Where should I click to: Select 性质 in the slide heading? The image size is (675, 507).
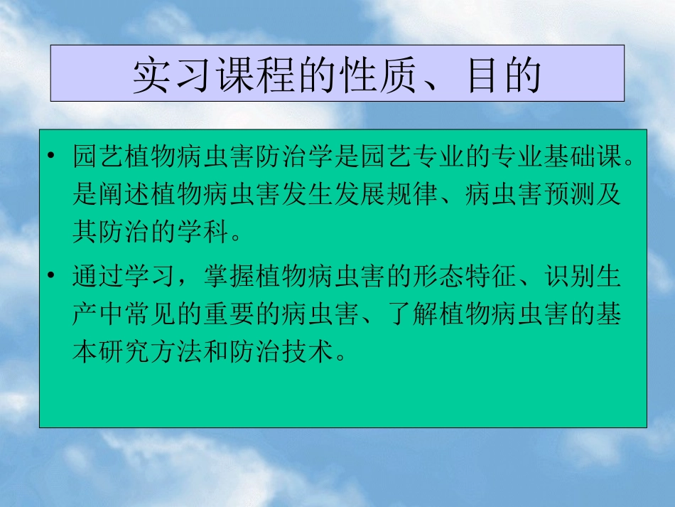[364, 75]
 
